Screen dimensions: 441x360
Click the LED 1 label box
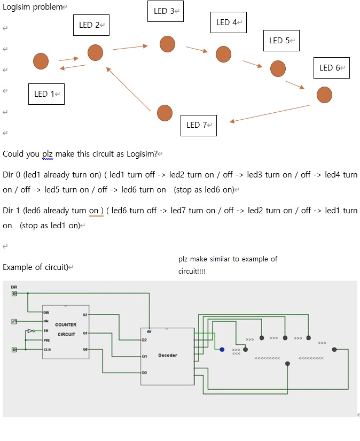46,94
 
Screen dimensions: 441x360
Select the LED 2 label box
91,25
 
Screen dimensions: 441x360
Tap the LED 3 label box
166,11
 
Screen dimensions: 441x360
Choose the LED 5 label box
281,41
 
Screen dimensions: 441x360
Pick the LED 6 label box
331,68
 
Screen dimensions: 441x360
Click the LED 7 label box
198,125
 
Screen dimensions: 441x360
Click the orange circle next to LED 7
165,113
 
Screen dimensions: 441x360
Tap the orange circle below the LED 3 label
167,44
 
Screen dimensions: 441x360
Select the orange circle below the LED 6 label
324,95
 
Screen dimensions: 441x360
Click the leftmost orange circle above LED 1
41,61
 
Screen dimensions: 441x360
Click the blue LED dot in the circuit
222,350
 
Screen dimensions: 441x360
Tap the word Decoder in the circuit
167,355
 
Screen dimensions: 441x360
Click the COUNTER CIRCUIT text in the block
66,329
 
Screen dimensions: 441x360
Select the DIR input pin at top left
14,293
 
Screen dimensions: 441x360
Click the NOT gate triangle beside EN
30,331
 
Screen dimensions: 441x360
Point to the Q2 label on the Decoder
144,339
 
